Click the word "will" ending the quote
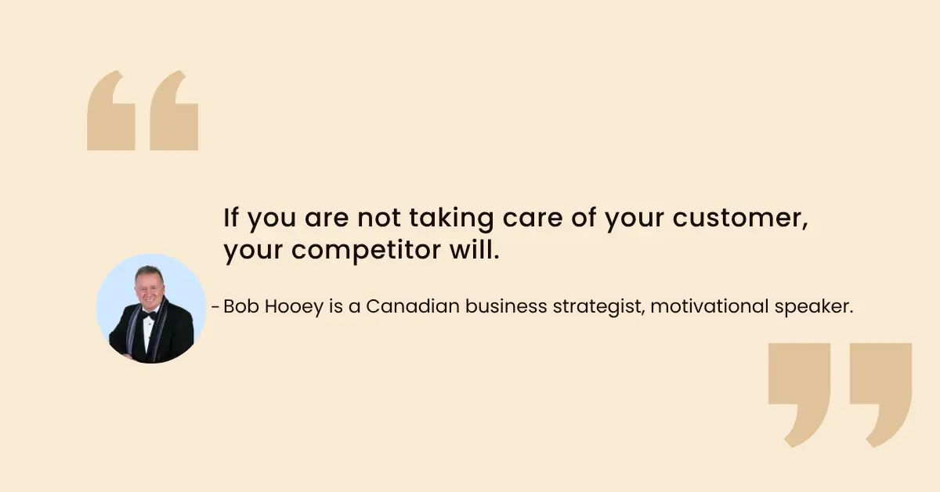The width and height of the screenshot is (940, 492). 472,252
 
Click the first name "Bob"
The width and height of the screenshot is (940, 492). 240,306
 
